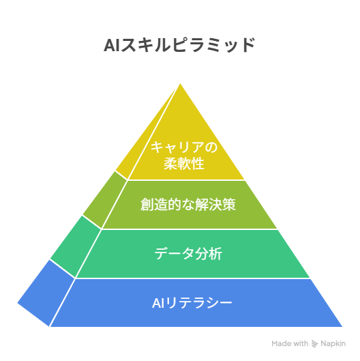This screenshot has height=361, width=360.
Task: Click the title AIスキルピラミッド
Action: (179, 45)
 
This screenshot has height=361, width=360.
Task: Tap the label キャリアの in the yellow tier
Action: (184, 147)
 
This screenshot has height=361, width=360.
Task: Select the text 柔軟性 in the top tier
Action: (184, 164)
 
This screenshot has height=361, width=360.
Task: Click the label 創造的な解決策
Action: (188, 205)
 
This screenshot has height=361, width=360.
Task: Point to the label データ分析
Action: (188, 254)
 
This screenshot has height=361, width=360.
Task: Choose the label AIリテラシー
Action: (192, 303)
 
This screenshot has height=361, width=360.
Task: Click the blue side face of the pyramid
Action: (46, 293)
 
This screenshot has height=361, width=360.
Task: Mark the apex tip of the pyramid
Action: (180, 83)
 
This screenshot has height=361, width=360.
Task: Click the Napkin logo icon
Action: (314, 344)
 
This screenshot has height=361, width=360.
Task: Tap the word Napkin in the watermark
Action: (333, 344)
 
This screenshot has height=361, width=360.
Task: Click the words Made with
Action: (290, 343)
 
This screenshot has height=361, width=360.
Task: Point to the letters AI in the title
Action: (112, 45)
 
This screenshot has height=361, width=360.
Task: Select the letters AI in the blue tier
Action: (158, 303)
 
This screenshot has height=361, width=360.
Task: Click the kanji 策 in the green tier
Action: (229, 205)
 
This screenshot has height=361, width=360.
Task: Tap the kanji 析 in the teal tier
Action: (215, 254)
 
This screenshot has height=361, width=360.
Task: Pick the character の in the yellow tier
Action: (211, 147)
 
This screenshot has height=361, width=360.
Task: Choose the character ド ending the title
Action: (248, 45)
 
